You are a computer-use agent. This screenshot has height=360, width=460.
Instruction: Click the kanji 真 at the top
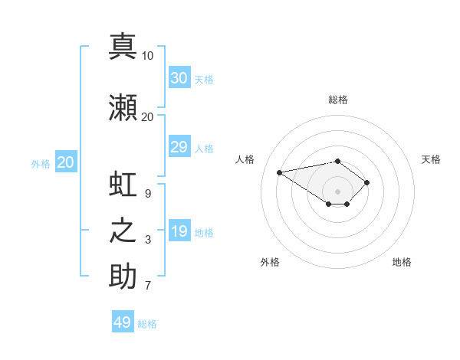click(x=123, y=46)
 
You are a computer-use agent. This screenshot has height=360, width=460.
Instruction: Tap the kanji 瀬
click(x=123, y=107)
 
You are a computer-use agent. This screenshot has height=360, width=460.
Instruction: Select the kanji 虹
click(x=123, y=184)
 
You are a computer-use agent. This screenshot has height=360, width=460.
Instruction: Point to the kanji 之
click(x=123, y=231)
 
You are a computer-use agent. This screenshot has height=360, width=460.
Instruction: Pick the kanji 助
click(x=123, y=276)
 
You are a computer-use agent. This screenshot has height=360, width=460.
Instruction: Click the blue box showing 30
click(x=179, y=77)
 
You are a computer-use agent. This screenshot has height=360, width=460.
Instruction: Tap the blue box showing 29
click(x=179, y=146)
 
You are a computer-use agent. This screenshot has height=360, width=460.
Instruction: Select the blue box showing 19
click(x=179, y=230)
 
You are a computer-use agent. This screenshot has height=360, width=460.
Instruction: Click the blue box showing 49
click(x=123, y=321)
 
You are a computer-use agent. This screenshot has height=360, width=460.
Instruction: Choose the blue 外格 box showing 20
click(x=66, y=162)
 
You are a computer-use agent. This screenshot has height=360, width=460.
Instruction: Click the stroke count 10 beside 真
click(x=147, y=56)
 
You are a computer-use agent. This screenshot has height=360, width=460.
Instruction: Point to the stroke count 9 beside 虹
click(x=148, y=194)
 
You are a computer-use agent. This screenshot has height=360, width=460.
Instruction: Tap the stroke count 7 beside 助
click(x=148, y=285)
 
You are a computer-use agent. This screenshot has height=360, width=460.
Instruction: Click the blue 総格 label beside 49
click(x=147, y=324)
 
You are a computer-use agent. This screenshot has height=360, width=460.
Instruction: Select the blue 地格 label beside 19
click(x=204, y=233)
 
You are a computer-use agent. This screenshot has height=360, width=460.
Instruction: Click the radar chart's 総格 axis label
click(x=338, y=100)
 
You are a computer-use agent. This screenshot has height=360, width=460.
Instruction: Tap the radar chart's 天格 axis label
click(x=431, y=159)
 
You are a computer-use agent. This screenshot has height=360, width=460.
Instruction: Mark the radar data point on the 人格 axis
click(x=279, y=172)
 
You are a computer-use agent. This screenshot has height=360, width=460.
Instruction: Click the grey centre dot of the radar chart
click(x=337, y=191)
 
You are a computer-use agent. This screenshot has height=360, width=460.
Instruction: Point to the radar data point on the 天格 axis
click(x=366, y=182)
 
